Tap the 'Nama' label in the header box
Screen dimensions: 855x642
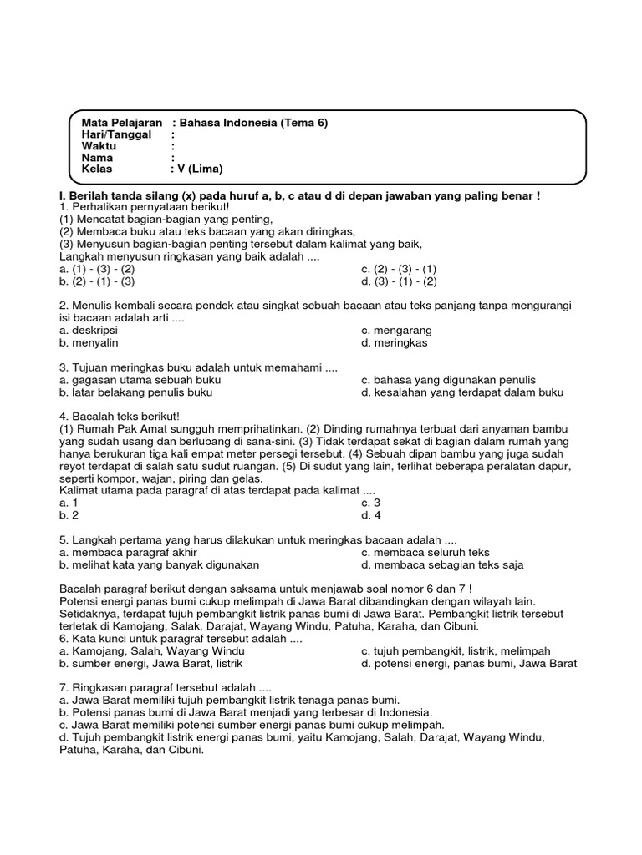click(97, 157)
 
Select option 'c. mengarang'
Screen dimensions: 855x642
click(396, 331)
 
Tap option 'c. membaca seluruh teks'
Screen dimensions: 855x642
click(425, 553)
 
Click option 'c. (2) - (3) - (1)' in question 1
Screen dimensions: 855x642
click(399, 270)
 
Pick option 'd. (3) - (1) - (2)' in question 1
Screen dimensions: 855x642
click(399, 281)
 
